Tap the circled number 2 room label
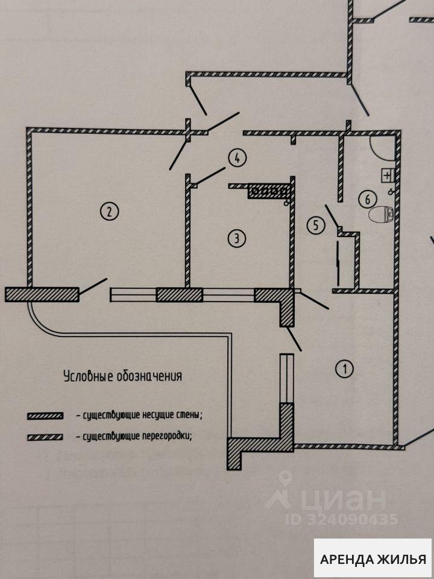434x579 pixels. click(x=109, y=211)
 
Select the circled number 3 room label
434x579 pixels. click(x=236, y=238)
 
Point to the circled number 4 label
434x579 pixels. click(x=237, y=159)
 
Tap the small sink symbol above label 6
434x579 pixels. click(x=387, y=175)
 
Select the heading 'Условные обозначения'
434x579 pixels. click(x=123, y=377)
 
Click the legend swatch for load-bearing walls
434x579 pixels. click(x=45, y=416)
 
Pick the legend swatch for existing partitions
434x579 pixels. click(x=45, y=437)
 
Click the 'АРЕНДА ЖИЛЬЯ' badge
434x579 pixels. click(x=373, y=558)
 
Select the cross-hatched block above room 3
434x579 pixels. click(x=269, y=192)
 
